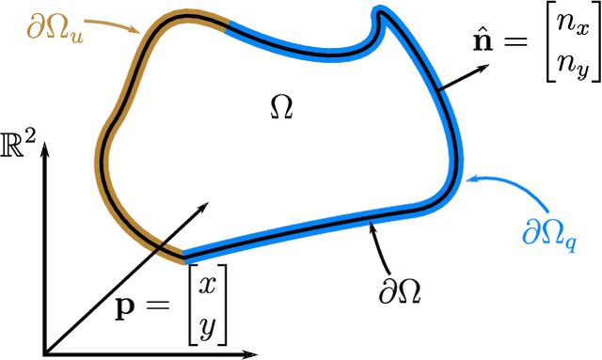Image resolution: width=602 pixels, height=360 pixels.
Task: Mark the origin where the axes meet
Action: pyautogui.click(x=43, y=354)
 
